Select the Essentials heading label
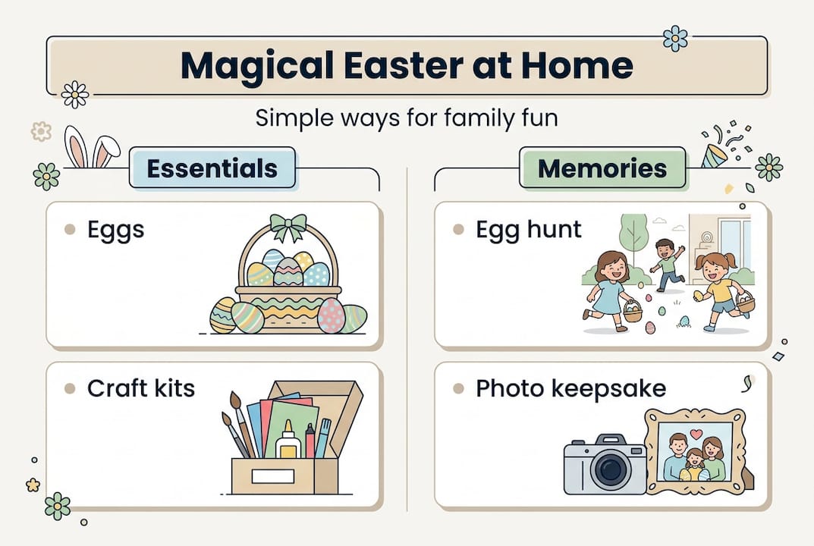212,168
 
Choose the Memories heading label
602,168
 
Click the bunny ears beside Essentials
92,147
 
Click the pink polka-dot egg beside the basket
331,315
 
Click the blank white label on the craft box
273,475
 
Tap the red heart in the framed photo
696,434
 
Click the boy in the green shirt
667,265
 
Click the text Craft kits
141,388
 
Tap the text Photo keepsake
571,389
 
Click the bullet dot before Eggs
70,230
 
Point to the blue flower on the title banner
675,39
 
